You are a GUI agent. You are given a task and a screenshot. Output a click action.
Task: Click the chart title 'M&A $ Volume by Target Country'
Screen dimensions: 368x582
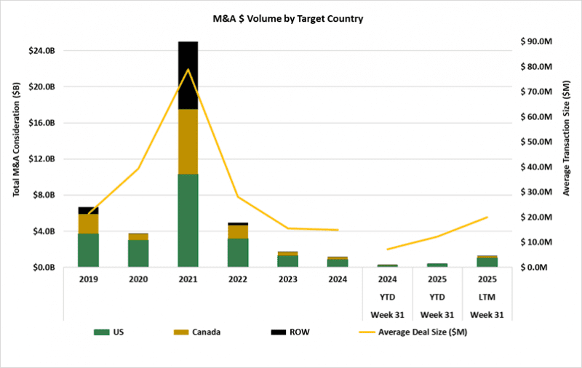pyautogui.click(x=291, y=18)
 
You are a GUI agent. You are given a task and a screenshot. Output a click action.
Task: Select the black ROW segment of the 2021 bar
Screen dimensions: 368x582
pyautogui.click(x=188, y=75)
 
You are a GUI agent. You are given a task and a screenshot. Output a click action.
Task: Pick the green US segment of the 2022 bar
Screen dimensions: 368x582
pyautogui.click(x=238, y=252)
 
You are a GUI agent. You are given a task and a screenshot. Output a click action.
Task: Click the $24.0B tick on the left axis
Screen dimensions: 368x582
pyautogui.click(x=40, y=51)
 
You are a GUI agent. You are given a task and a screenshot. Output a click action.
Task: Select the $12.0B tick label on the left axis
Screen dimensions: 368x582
pyautogui.click(x=40, y=159)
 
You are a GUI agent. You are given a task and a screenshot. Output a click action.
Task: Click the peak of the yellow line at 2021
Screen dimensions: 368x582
pyautogui.click(x=188, y=69)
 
